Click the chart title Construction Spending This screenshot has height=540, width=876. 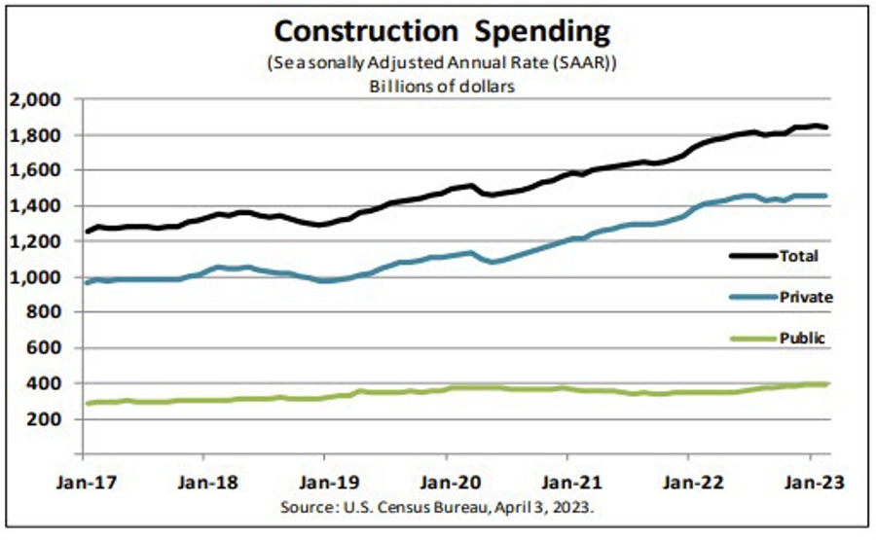point(442,31)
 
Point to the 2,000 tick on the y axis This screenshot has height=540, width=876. point(35,99)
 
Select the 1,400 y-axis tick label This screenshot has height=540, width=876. point(35,206)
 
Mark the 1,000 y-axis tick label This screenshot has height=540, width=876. point(35,277)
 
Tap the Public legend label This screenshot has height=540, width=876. point(801,339)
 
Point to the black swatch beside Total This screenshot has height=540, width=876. point(751,256)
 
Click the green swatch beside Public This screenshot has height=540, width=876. point(751,339)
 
